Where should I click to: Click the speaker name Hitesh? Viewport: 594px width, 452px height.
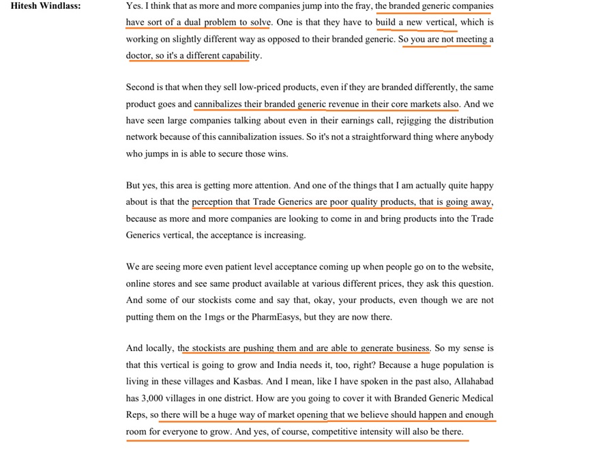coord(25,6)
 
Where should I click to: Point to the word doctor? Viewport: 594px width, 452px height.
coord(139,55)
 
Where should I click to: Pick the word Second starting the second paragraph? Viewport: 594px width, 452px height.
coord(140,87)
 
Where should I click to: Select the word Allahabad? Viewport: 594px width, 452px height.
coord(471,381)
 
